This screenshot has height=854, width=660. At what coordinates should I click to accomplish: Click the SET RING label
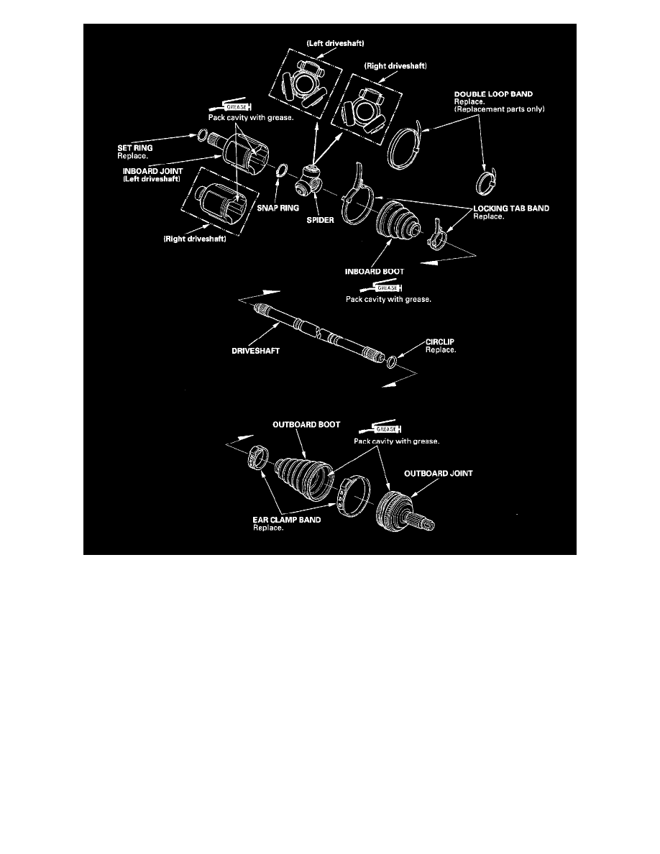click(135, 147)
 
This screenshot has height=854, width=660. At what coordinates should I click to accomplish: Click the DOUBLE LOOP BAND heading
click(485, 94)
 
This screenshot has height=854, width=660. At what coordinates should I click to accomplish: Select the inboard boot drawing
click(394, 216)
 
